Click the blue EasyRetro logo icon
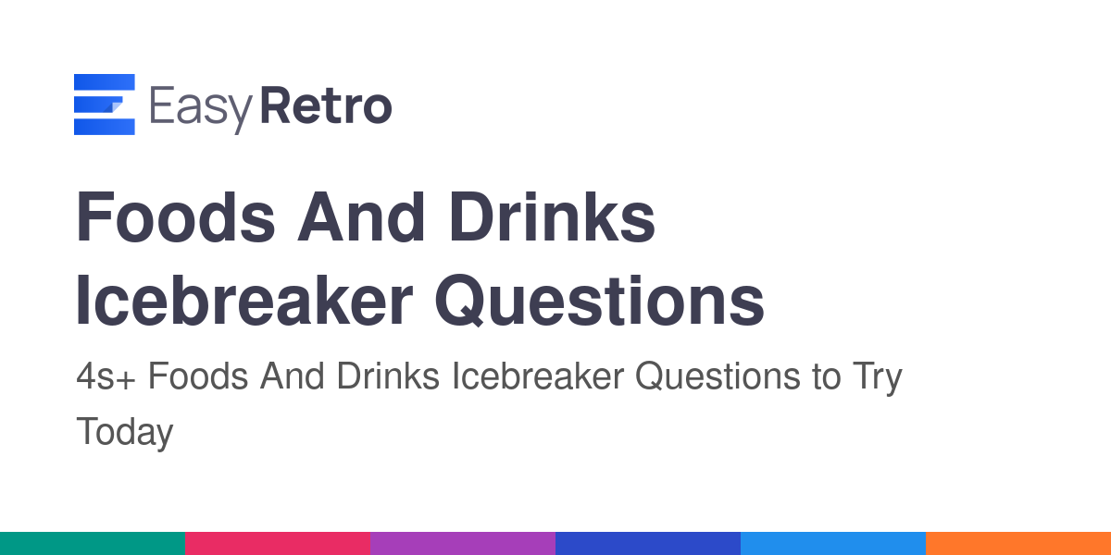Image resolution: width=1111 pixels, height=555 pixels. (104, 104)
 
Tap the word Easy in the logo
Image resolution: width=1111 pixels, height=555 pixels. (202, 108)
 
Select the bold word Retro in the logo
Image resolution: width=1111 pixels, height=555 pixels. (326, 105)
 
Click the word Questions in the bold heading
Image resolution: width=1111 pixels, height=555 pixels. (600, 301)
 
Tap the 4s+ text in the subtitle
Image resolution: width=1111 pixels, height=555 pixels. (106, 376)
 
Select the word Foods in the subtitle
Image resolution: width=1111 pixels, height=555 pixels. (198, 376)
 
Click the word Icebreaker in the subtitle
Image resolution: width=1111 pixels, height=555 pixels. (538, 376)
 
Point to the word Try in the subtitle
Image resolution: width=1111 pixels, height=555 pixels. (878, 379)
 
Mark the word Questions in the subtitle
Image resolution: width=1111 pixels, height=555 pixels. (718, 376)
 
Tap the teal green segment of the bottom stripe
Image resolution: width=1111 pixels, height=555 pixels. (93, 544)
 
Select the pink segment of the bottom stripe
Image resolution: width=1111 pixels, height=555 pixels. (278, 544)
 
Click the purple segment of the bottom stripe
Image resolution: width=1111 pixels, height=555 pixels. (463, 544)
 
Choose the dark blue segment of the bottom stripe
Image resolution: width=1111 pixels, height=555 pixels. (648, 544)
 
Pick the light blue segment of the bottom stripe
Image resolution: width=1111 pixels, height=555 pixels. (833, 544)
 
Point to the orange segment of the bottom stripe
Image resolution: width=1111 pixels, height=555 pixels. (1018, 544)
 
